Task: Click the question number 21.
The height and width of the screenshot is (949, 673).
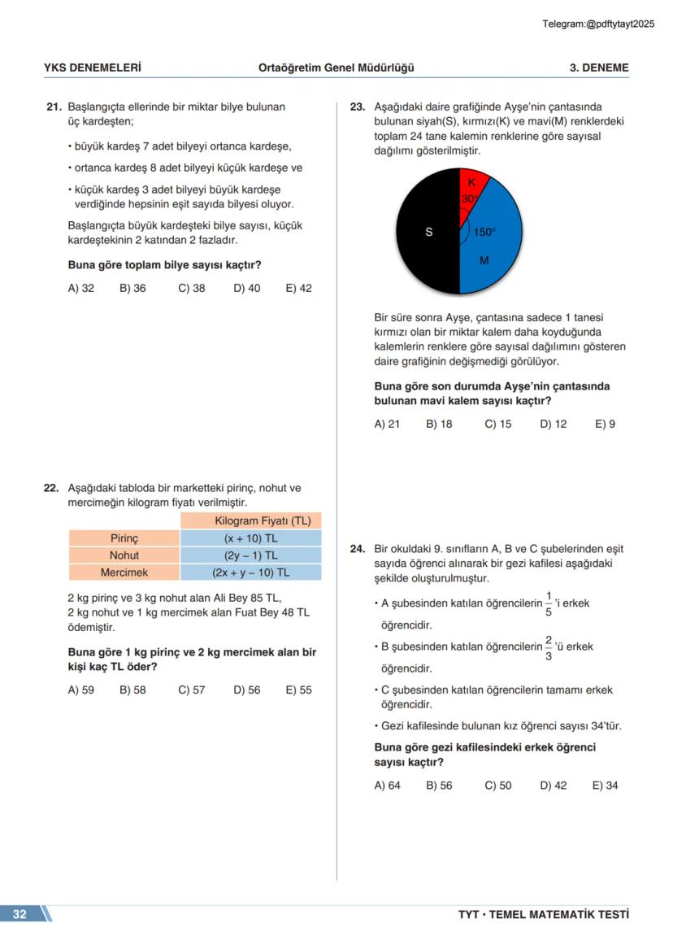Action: (x=54, y=107)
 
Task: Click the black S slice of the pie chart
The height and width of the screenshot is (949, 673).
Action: (x=428, y=232)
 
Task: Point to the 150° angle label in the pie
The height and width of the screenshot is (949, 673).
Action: (x=484, y=233)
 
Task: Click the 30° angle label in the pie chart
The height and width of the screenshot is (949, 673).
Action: (x=469, y=198)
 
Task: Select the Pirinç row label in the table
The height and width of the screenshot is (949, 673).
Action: (x=124, y=538)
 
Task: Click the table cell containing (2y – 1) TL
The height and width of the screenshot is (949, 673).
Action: (x=250, y=555)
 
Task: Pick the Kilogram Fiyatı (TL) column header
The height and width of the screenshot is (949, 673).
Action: (x=250, y=521)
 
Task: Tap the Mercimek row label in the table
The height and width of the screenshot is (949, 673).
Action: (x=124, y=572)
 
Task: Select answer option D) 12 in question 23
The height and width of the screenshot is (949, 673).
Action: (x=553, y=424)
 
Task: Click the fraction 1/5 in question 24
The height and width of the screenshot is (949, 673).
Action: (x=549, y=603)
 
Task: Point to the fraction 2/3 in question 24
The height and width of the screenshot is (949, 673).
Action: (x=549, y=647)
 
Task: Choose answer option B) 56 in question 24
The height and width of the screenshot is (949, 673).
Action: (x=439, y=786)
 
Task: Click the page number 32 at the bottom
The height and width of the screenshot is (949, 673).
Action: (x=20, y=914)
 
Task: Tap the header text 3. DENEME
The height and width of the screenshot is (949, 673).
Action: (x=598, y=68)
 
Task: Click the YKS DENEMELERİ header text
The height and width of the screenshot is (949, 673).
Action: (x=92, y=68)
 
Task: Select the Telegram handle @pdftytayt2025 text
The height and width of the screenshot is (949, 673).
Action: (x=598, y=24)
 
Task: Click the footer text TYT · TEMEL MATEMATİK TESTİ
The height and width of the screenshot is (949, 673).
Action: (x=543, y=915)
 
